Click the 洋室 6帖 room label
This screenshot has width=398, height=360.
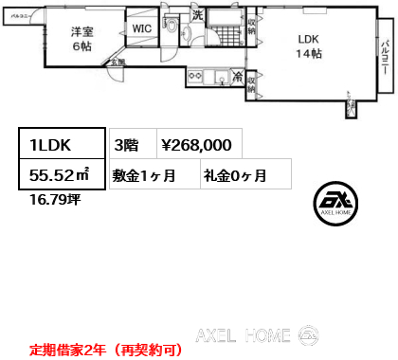click(x=80, y=39)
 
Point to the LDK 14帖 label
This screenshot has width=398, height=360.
click(x=310, y=46)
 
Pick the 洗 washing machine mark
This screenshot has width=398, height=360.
click(x=198, y=14)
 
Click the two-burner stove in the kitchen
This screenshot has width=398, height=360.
click(x=196, y=76)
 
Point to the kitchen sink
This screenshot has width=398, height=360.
click(x=218, y=76)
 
